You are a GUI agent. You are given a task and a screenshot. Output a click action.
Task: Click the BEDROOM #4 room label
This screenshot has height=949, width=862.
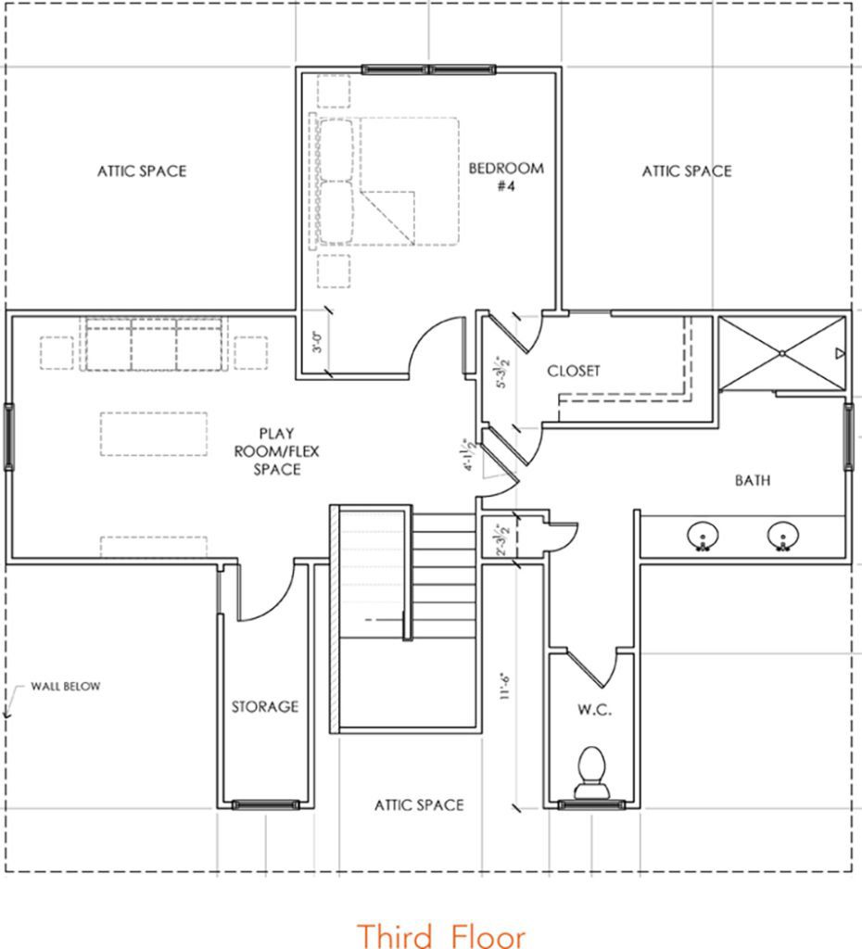(506, 176)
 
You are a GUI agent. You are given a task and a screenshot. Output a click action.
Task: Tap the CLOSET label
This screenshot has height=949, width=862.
(573, 371)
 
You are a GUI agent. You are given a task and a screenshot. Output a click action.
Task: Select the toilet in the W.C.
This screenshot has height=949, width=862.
(591, 773)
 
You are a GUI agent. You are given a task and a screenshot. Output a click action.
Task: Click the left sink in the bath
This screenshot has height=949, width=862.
(703, 537)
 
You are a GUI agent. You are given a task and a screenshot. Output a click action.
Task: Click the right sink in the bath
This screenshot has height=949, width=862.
(782, 537)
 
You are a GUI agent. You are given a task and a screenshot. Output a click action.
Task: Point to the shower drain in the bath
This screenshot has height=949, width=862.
(782, 353)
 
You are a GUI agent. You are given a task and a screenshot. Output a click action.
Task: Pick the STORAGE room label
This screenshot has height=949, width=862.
(265, 706)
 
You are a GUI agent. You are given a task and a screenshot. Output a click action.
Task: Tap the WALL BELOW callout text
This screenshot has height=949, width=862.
(66, 687)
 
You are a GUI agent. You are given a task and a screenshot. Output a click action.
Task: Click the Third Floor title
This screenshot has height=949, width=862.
(440, 934)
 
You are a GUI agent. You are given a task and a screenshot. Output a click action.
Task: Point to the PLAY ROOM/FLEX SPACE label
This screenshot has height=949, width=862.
(276, 451)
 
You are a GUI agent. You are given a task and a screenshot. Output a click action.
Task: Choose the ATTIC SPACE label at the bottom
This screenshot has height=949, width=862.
(419, 805)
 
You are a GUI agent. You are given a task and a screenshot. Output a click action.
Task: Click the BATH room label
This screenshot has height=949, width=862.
(753, 481)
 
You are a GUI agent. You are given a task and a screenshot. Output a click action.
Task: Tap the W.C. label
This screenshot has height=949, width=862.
(594, 710)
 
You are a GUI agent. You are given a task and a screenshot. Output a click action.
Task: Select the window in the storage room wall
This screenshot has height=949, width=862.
(266, 804)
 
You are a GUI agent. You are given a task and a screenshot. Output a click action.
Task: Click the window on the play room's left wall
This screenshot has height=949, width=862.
(9, 436)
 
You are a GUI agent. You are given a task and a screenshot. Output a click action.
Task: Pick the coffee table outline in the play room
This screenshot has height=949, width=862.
(154, 434)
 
